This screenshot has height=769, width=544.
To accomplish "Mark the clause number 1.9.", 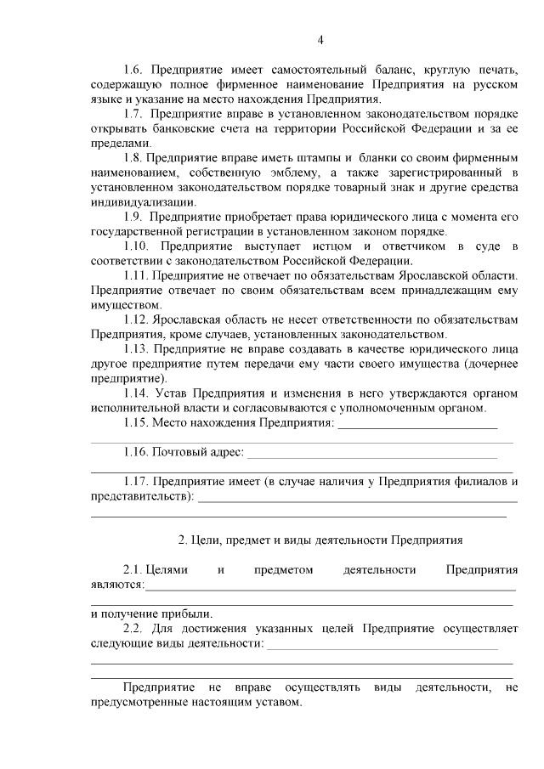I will click(134, 217).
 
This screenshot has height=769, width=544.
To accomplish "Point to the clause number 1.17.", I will click(137, 481).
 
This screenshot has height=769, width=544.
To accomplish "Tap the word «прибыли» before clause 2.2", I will click(192, 613).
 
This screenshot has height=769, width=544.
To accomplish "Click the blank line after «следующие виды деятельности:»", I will click(382, 647).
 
